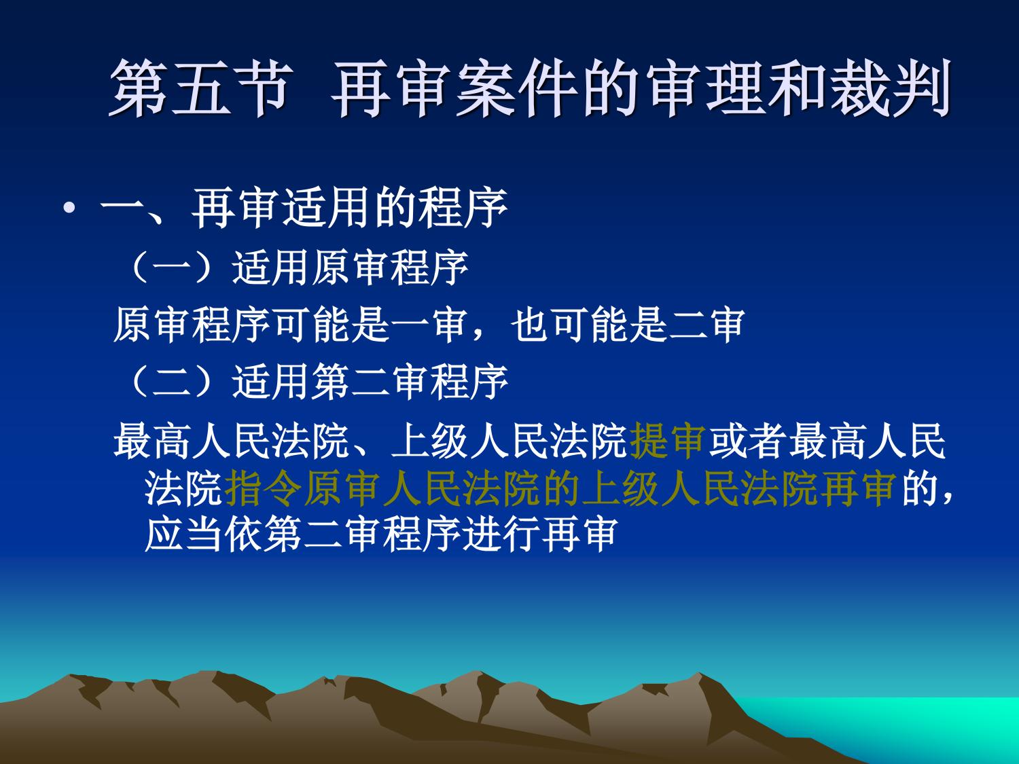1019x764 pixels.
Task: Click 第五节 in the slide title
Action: click(200, 88)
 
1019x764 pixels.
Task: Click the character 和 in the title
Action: click(798, 88)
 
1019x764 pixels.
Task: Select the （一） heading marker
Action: click(173, 268)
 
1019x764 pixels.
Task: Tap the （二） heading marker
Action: click(173, 383)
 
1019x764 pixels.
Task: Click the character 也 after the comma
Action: click(530, 325)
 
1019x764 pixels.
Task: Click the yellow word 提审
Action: click(668, 441)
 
